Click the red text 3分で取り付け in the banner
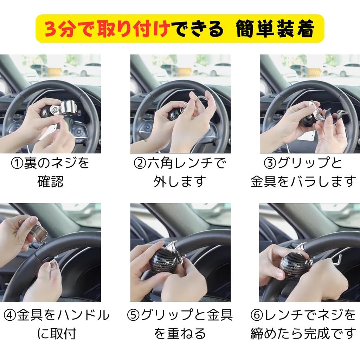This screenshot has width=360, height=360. point(107,29)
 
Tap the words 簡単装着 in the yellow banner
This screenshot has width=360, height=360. point(275,29)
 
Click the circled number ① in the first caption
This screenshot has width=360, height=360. point(17,163)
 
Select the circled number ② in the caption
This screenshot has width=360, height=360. point(140,163)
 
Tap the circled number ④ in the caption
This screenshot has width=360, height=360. point(10,315)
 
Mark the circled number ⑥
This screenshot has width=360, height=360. point(257,315)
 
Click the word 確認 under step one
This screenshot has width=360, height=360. point(51,182)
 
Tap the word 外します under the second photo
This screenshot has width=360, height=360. point(179,182)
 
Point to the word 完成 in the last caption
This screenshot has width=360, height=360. point(317,334)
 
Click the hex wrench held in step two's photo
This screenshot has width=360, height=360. point(199,99)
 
